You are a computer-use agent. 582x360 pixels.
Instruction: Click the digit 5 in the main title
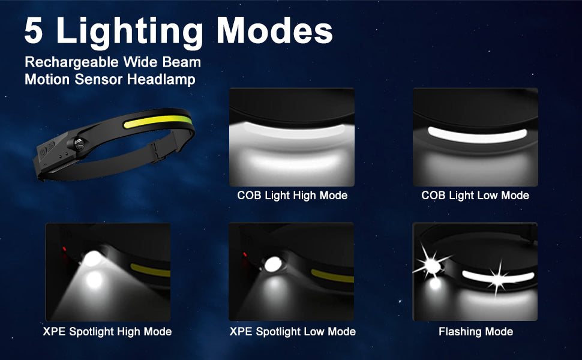(34, 31)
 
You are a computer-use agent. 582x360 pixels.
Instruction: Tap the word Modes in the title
(275, 31)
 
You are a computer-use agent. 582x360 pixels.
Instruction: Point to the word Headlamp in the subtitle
(161, 79)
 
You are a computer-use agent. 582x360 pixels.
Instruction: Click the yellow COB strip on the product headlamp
(158, 121)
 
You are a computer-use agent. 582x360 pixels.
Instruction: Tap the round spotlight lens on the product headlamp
(79, 144)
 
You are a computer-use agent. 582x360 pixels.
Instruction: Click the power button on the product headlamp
(43, 151)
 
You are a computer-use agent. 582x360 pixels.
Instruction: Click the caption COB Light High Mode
(292, 196)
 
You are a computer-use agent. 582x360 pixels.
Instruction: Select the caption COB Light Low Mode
(475, 196)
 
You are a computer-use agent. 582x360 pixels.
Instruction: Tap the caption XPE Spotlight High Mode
(107, 331)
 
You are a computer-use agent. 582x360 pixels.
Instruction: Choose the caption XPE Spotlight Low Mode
(292, 331)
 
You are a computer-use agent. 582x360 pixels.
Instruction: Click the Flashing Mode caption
(476, 331)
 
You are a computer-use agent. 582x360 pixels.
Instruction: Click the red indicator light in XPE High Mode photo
(64, 248)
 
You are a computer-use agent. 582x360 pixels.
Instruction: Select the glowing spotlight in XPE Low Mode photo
(273, 264)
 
